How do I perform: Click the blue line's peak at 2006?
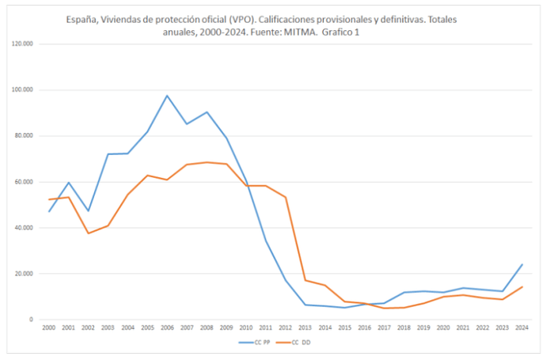point(167,96)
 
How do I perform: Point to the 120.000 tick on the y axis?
point(22,44)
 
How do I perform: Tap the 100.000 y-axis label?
point(22,90)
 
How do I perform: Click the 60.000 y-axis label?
point(24,182)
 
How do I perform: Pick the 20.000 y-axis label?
point(24,274)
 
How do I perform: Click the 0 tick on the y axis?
point(30,320)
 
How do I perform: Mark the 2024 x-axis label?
point(521,328)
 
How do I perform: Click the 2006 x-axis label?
point(167,328)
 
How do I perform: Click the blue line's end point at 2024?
point(521,264)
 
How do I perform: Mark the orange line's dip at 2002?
point(87,233)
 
